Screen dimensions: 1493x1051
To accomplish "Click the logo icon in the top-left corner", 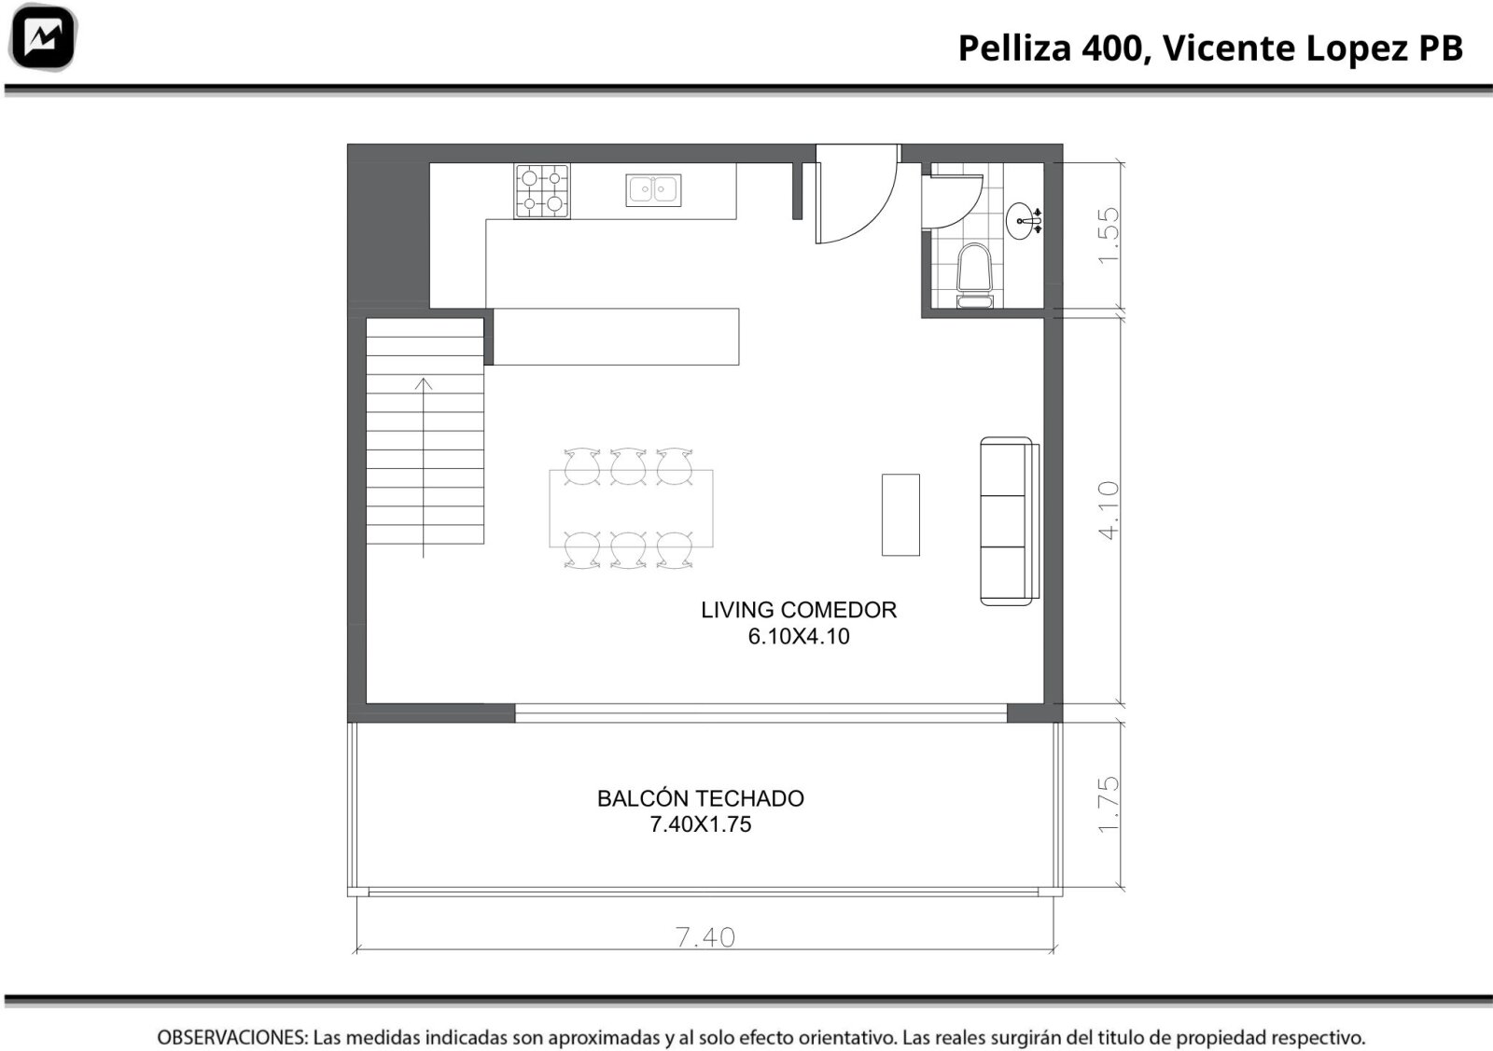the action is (43, 37).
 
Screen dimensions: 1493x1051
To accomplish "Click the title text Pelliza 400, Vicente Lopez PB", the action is (1210, 48).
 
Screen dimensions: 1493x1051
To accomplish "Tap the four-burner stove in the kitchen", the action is (542, 191).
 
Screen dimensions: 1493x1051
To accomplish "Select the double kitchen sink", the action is (653, 190).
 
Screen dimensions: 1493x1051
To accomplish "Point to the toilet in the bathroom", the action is (974, 276).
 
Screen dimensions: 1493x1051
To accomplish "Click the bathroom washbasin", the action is (1025, 220).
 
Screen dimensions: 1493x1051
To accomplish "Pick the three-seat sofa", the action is (1009, 521).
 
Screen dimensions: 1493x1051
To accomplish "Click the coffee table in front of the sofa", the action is (900, 514).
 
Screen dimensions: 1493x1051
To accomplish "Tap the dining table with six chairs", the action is (631, 508).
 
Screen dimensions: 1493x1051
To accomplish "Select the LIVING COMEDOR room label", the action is (799, 609).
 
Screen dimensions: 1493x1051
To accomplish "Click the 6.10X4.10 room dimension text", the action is (799, 636).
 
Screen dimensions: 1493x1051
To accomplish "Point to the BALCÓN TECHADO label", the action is (701, 798).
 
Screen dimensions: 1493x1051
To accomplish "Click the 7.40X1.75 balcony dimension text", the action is (701, 824).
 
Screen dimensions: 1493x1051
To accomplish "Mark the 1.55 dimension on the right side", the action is (1109, 236).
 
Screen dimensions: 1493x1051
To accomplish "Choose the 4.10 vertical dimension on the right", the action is (1109, 510).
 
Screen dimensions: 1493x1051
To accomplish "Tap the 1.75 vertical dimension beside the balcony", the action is (1109, 804).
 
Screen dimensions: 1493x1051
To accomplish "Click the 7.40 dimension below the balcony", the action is (705, 937).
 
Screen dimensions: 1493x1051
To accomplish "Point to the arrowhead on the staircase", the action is (424, 383).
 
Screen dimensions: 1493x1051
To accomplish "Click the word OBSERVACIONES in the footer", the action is (232, 1037).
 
